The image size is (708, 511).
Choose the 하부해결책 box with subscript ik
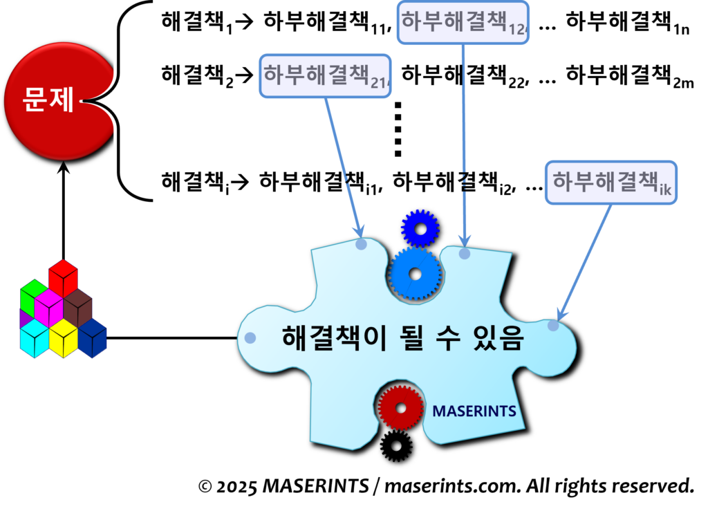[611, 183]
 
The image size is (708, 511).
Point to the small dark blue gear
[420, 227]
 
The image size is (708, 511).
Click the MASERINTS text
[474, 411]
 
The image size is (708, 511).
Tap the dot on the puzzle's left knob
[250, 338]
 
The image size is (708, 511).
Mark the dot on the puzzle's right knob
[553, 325]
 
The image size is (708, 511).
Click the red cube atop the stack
[63, 276]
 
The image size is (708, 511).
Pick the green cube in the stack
[32, 295]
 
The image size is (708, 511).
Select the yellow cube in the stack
[63, 338]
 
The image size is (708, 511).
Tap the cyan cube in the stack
[34, 338]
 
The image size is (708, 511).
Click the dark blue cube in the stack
[93, 338]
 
